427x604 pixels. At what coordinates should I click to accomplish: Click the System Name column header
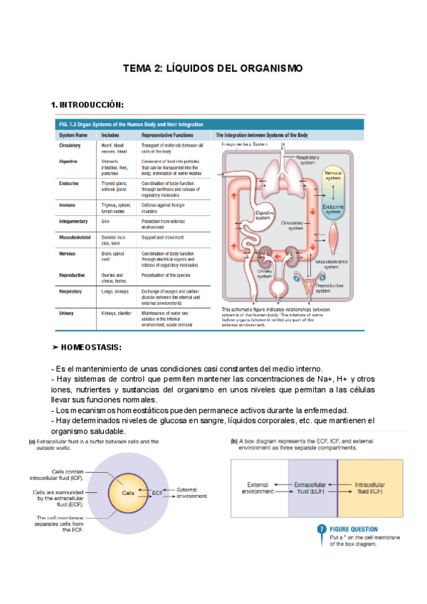[73, 134]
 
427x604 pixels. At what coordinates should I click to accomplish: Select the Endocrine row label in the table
[69, 184]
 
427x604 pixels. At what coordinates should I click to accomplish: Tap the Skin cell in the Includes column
[105, 222]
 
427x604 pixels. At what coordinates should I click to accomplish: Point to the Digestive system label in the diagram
[263, 215]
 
